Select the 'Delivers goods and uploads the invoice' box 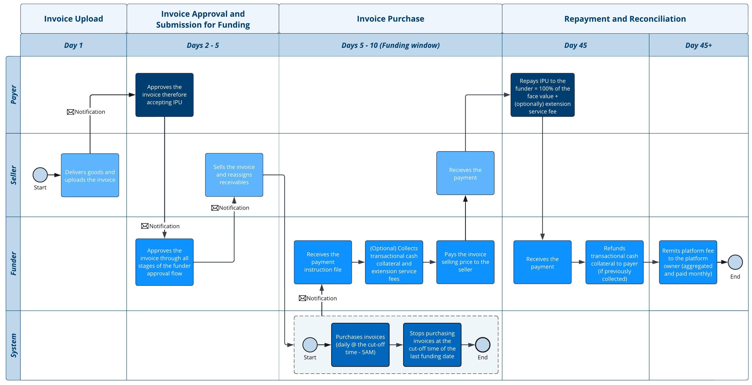(x=90, y=175)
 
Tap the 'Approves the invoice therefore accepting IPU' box (x=164, y=95)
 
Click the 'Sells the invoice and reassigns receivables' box (x=234, y=175)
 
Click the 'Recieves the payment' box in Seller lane (x=465, y=173)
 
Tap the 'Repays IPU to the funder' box (x=542, y=95)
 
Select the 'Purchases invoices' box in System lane (x=360, y=345)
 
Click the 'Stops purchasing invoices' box (x=432, y=345)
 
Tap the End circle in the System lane (x=483, y=345)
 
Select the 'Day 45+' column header (x=699, y=45)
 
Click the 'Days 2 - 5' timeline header (x=203, y=45)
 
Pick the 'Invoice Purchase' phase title (x=391, y=19)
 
